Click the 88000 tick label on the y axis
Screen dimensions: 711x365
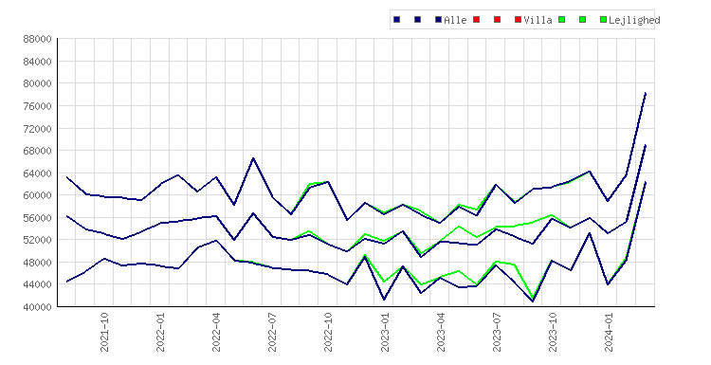point(38,39)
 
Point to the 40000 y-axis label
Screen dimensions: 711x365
point(38,307)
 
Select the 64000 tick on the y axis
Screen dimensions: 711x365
point(38,173)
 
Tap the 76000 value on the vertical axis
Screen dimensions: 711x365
point(38,106)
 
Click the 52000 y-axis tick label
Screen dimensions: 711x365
point(38,240)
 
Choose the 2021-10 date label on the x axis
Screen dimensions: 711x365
point(104,332)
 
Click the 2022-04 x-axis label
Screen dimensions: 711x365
point(216,332)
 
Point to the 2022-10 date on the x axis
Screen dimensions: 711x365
point(328,332)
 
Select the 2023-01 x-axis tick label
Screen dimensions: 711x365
point(385,332)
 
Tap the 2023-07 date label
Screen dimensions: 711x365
point(497,332)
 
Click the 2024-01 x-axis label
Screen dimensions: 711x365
point(609,332)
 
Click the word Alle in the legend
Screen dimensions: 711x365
point(455,20)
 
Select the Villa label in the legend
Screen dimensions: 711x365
point(538,20)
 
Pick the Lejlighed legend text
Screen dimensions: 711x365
point(634,20)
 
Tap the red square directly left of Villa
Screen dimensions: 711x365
point(518,20)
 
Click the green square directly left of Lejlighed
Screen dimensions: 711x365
point(603,20)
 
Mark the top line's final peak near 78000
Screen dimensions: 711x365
point(646,93)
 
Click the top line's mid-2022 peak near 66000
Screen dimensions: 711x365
point(253,157)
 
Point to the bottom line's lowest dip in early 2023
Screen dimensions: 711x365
point(384,300)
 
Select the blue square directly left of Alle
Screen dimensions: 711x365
point(438,20)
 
